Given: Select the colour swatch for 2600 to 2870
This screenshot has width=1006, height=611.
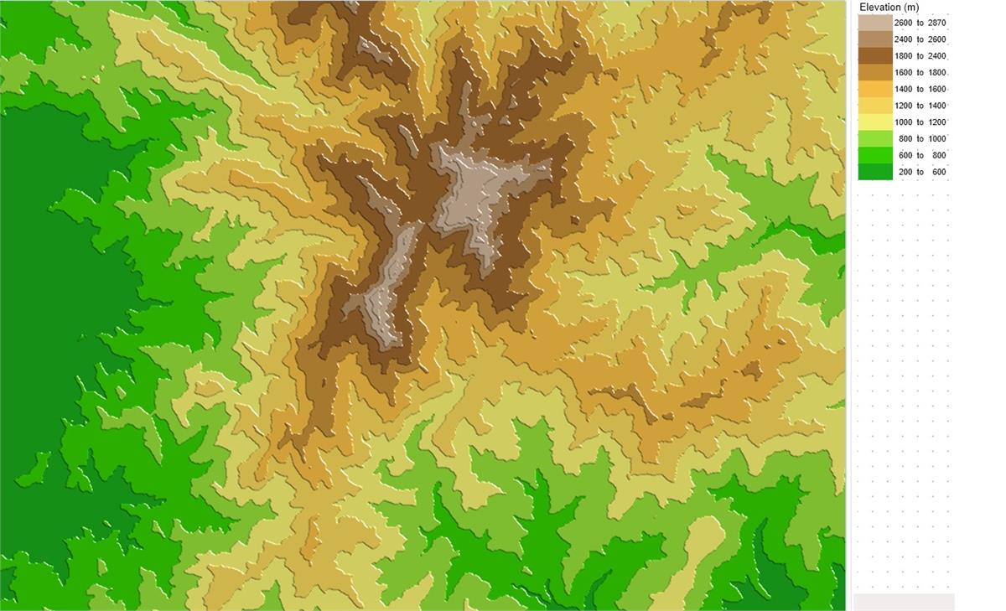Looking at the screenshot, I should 874,23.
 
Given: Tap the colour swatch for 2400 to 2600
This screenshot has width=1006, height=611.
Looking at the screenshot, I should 874,39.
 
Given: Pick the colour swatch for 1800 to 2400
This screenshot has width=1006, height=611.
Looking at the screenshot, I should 874,56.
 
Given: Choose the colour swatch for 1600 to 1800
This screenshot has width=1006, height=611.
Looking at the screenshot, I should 874,73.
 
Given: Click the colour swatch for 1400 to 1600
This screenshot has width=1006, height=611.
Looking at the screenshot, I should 874,89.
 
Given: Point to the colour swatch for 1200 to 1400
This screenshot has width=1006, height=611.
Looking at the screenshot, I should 874,106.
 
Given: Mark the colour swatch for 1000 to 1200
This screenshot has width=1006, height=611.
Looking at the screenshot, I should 874,122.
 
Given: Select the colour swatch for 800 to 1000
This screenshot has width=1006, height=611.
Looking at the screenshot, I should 874,139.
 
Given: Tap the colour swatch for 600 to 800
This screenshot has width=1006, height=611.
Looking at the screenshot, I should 874,155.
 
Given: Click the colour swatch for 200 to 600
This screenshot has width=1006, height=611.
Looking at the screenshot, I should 874,172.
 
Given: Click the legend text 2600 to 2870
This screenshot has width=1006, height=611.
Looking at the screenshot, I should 920,23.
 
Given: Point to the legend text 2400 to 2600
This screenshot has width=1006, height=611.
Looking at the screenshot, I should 920,39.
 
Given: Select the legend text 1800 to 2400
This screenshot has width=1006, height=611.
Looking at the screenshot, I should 920,56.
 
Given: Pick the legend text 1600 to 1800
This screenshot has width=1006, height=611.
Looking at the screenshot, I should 920,73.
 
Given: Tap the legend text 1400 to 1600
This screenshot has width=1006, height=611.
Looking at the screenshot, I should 920,89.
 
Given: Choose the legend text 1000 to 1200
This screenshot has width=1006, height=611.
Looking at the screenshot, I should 920,122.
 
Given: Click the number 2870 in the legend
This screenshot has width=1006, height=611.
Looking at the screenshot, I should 936,23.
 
